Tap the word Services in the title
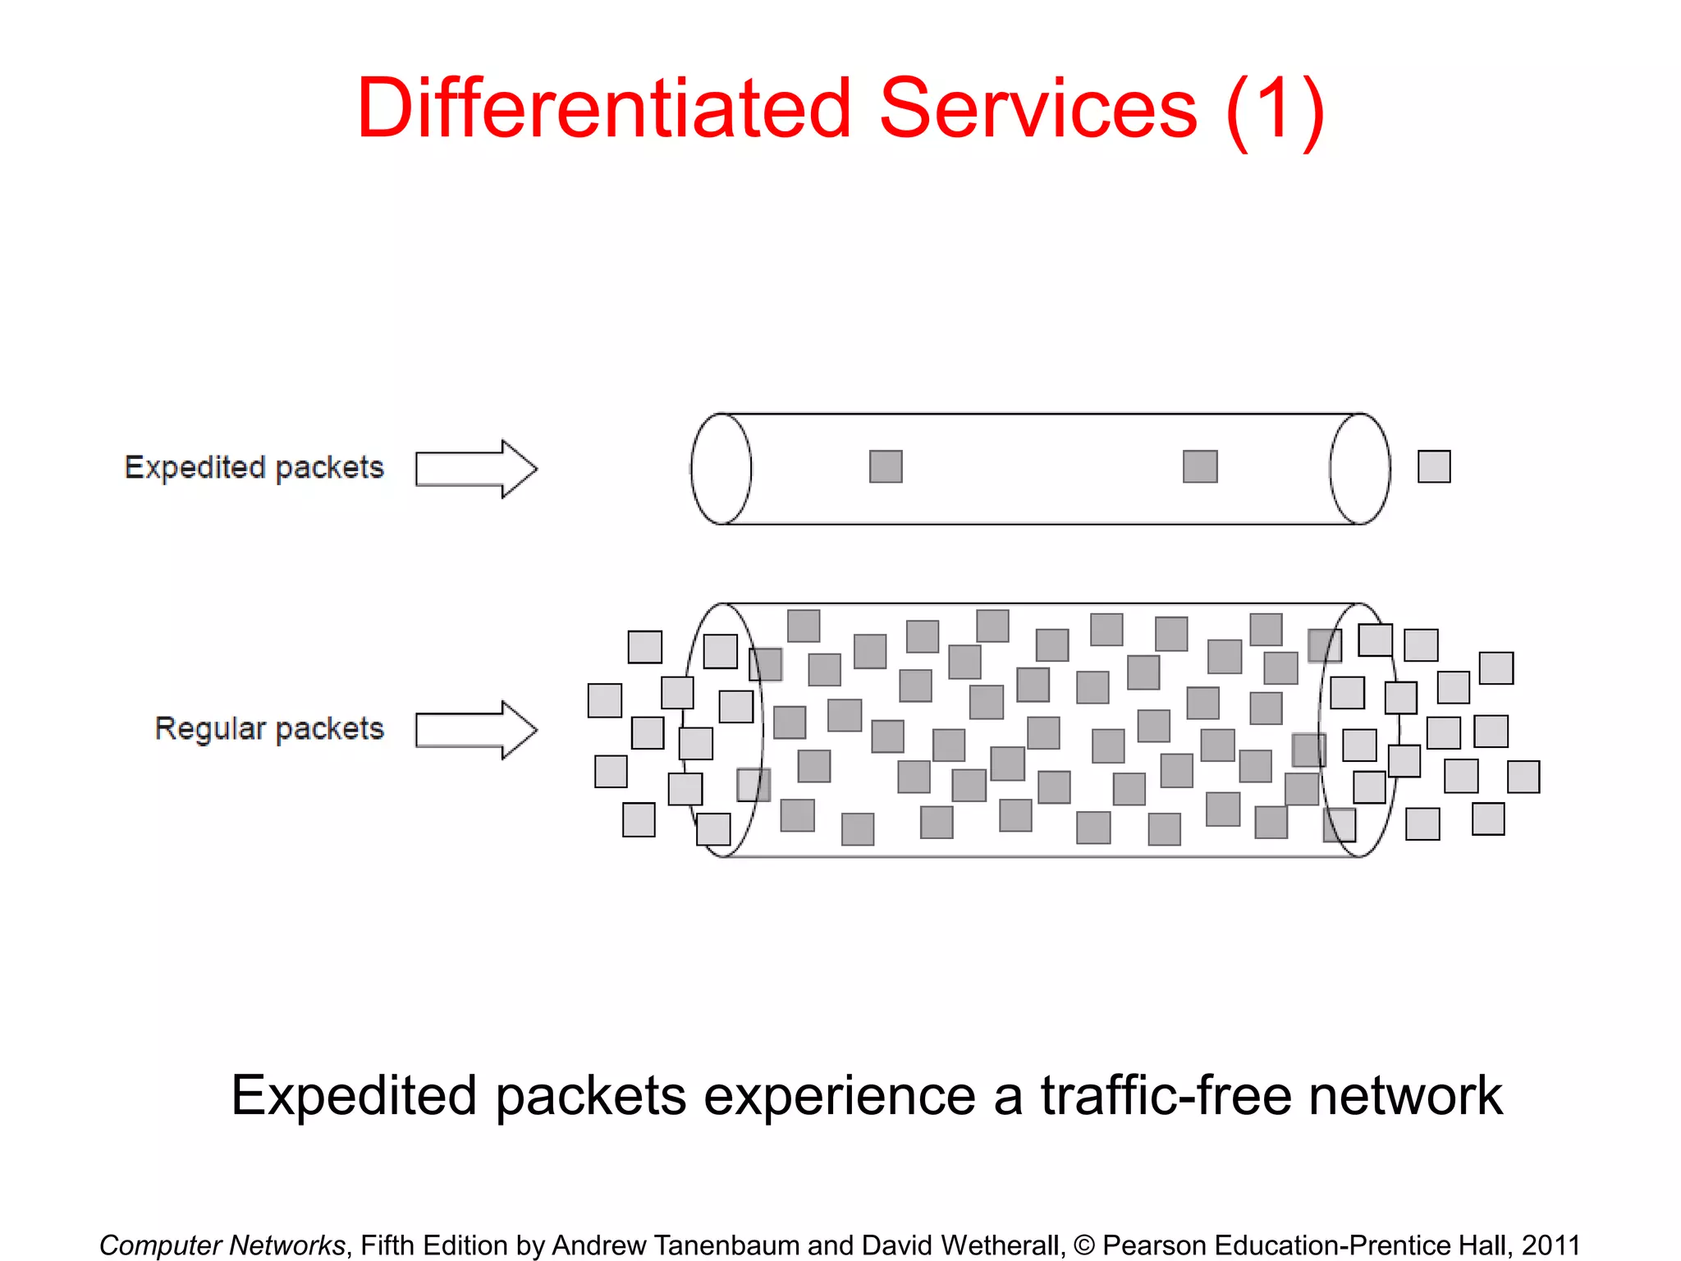pyautogui.click(x=1037, y=108)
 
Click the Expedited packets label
pyautogui.click(x=254, y=467)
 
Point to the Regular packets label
pyautogui.click(x=269, y=729)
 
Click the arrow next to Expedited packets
pyautogui.click(x=476, y=469)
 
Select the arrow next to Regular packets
pyautogui.click(x=476, y=730)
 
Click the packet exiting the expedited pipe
pyautogui.click(x=1434, y=466)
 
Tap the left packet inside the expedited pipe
pyautogui.click(x=886, y=466)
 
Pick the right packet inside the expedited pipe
pyautogui.click(x=1200, y=466)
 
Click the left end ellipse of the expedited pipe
pyautogui.click(x=721, y=469)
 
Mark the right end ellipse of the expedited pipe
pyautogui.click(x=1360, y=469)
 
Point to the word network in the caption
pyautogui.click(x=1405, y=1095)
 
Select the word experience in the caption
pyautogui.click(x=839, y=1095)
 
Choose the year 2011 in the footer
pyautogui.click(x=1550, y=1245)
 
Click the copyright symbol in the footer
pyautogui.click(x=1083, y=1245)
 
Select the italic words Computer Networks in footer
pyautogui.click(x=222, y=1245)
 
